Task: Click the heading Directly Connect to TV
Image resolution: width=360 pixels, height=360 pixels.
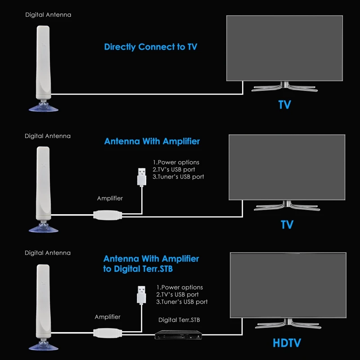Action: click(x=150, y=47)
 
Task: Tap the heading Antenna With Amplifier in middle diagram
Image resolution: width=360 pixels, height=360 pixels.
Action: click(x=152, y=141)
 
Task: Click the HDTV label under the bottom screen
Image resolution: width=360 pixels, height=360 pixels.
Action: click(x=286, y=343)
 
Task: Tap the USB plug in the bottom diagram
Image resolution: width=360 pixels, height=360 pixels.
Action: click(x=142, y=295)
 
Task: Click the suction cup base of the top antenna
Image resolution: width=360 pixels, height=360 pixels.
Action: click(x=43, y=108)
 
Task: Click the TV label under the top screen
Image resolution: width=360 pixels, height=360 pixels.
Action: click(x=284, y=105)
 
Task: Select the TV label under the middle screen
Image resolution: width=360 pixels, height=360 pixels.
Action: click(x=287, y=224)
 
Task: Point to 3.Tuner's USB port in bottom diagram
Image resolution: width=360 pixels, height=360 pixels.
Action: click(x=182, y=302)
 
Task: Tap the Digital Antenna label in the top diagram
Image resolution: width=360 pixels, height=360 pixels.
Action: click(x=48, y=15)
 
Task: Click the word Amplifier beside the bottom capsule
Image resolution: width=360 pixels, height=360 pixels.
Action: click(x=108, y=317)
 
